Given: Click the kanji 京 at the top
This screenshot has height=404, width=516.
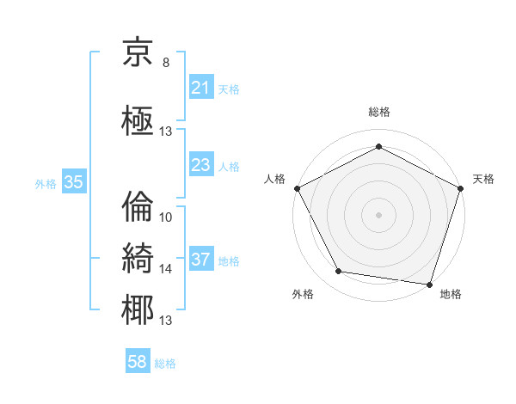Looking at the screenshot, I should (138, 54).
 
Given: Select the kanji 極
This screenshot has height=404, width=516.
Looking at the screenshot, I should (138, 119).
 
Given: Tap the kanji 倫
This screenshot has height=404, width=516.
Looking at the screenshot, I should (138, 206).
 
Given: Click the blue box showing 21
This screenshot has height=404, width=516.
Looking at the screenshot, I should (200, 87).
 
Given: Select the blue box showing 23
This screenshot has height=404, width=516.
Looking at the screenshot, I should (200, 165).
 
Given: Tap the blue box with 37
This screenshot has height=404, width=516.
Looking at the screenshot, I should (200, 260).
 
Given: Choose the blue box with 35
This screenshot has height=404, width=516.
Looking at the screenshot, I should (73, 182).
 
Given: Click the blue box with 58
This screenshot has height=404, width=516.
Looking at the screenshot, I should (138, 363).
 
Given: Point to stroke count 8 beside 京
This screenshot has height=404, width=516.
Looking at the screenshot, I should (165, 63).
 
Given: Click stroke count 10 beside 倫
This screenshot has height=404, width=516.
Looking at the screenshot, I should (166, 217).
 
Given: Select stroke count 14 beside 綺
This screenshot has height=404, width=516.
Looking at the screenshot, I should (166, 269).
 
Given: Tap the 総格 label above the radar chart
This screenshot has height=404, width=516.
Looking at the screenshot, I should (378, 112).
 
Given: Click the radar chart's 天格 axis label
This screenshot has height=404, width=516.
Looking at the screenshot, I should (483, 179).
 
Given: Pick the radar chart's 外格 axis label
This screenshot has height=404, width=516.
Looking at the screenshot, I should (303, 294).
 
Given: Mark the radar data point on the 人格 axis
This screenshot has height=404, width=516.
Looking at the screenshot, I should (297, 187).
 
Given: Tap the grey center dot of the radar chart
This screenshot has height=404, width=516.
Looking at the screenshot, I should (378, 214).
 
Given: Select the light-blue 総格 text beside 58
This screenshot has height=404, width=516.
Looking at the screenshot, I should (165, 364).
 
